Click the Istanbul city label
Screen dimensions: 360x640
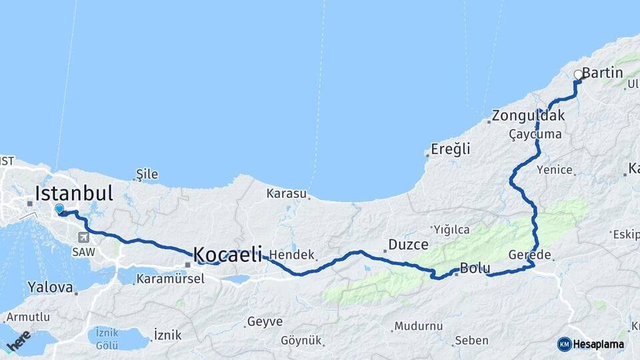[x=74, y=194]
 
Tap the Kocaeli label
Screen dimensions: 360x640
[x=227, y=254]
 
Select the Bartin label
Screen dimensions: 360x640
[x=602, y=73]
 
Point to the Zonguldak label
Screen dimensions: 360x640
[x=528, y=115]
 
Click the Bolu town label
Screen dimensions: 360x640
[x=475, y=269]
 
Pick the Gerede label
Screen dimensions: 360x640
[x=529, y=255]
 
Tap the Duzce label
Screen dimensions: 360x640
[x=408, y=245]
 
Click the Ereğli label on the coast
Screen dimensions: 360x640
[x=450, y=149]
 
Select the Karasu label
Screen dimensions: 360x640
[x=286, y=194]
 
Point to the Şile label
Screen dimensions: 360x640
[x=147, y=175]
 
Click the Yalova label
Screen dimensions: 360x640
[x=50, y=287]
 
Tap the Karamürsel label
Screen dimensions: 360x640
[x=170, y=279]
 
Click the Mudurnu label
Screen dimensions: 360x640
[x=418, y=326]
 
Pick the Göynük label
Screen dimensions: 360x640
[x=301, y=340]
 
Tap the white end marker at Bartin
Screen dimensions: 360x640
[x=578, y=75]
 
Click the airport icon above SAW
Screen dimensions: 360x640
[x=83, y=237]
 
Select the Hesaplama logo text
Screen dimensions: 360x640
[x=599, y=344]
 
